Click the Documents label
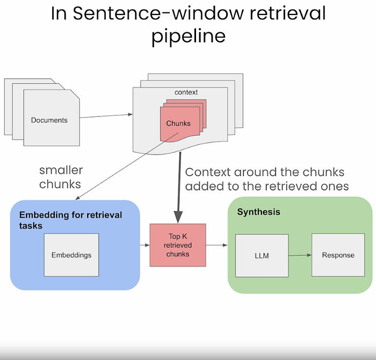click(x=49, y=120)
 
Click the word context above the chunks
click(x=186, y=92)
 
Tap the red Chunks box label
click(x=178, y=123)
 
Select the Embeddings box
click(x=71, y=255)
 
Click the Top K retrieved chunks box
click(x=178, y=246)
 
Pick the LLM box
click(x=262, y=255)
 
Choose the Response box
click(x=338, y=255)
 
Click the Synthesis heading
click(x=258, y=212)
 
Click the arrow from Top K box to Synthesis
click(x=217, y=246)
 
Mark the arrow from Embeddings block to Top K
click(x=144, y=246)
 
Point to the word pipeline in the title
click(x=188, y=36)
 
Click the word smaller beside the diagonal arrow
click(x=61, y=171)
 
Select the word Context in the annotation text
click(x=208, y=173)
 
